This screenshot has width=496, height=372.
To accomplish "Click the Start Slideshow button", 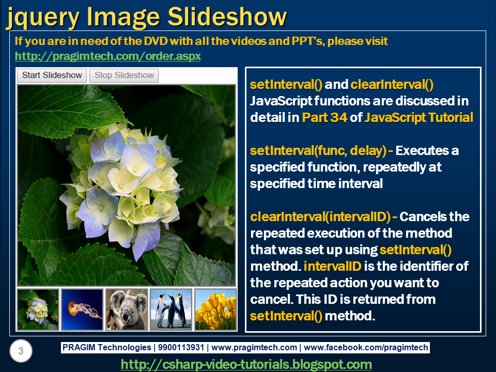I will pos(52,75).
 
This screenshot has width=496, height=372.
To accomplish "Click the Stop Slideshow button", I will pos(124,75).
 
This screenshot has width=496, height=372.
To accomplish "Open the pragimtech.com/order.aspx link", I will pos(107,55).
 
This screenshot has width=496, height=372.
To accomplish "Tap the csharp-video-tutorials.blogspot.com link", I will pos(246,364).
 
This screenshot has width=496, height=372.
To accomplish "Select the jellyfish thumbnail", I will pos(82,309).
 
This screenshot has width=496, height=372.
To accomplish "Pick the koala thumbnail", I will pos(127,309).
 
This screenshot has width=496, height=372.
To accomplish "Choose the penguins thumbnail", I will pos(171,309).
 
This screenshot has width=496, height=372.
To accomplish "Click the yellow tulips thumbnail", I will pos(215,309).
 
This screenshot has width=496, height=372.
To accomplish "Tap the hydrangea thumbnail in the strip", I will pos(38,309).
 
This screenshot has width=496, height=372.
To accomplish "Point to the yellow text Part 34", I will pos(324,117).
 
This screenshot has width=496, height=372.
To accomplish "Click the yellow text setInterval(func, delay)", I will pos(318,151).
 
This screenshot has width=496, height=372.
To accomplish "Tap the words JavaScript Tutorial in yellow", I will pos(419,117).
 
